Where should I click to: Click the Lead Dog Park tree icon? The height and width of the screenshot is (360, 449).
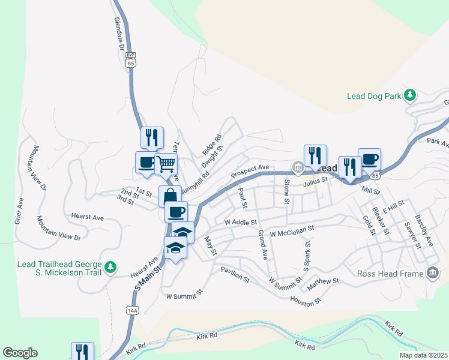(411, 95)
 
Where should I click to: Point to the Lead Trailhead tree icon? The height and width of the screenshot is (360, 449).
(110, 267)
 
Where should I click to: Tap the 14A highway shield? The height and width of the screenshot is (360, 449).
(133, 310)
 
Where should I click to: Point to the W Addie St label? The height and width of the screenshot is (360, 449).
(241, 222)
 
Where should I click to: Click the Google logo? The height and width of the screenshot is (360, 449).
(20, 353)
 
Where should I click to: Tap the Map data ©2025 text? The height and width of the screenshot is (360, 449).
(423, 355)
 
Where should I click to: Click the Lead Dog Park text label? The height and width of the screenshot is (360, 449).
(374, 96)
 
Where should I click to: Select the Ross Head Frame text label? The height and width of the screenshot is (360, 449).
(391, 274)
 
